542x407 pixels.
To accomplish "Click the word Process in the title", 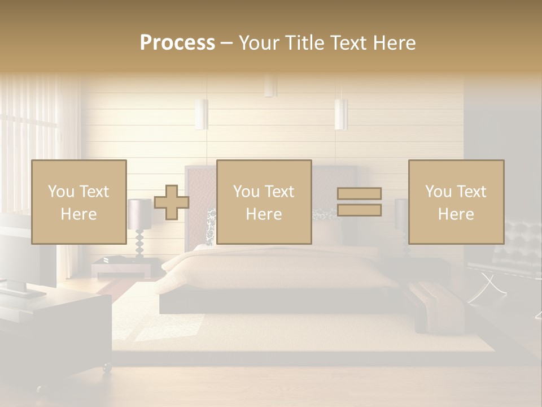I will (x=177, y=43).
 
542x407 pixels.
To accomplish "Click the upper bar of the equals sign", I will (x=359, y=193).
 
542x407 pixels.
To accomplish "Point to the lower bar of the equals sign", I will (x=359, y=210).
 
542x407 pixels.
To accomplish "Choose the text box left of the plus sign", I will (x=79, y=202).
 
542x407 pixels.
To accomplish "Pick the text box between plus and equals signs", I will (x=264, y=202).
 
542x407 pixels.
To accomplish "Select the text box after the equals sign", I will (x=456, y=202).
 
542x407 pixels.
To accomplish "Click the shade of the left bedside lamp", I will (x=139, y=214).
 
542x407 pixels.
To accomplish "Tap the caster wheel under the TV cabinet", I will (x=106, y=369).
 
